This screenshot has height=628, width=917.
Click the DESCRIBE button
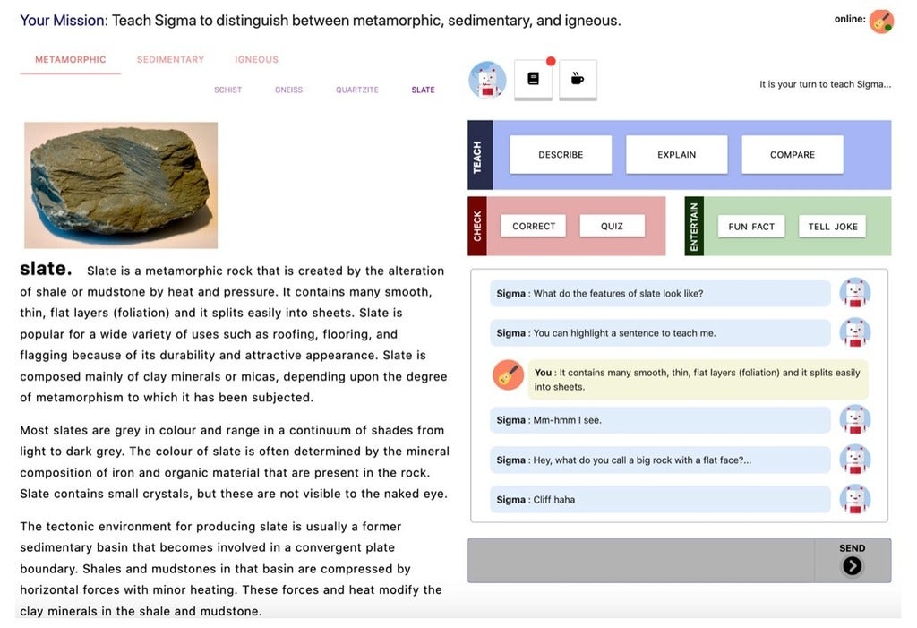pos(561,154)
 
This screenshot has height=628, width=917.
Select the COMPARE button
pos(792,154)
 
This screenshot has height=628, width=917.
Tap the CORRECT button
pos(534,226)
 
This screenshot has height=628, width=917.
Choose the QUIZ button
pos(612,226)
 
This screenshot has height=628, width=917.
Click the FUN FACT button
pos(751,227)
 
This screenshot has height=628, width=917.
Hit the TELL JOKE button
pos(832,227)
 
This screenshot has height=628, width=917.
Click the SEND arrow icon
pos(852,566)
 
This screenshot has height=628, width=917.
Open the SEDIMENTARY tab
pos(170,60)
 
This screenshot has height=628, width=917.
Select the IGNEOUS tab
pos(256,60)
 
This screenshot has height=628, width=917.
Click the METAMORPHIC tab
pos(70,60)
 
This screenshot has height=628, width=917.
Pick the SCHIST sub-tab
pos(227,90)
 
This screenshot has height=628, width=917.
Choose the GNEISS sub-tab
pos(288,90)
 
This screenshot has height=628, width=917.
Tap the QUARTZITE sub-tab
pos(356,90)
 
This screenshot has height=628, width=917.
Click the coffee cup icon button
pos(578,80)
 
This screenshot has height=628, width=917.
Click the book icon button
pos(533,80)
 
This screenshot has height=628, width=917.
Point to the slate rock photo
pos(121,185)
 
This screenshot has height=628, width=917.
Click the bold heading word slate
pos(46,269)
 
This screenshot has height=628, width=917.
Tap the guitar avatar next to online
pos(881,22)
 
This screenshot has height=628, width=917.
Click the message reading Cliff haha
pos(660,499)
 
